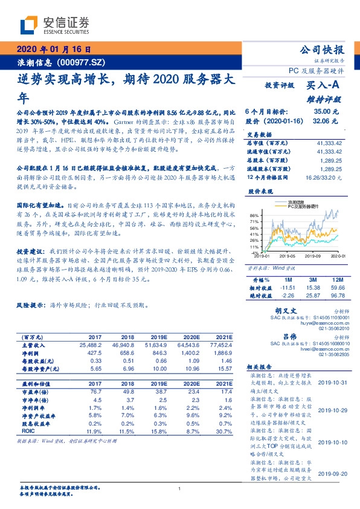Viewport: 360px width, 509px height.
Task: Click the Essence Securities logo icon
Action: point(28,25)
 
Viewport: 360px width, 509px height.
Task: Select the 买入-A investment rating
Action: point(323,86)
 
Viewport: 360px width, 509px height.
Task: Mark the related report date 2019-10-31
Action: point(333,383)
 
